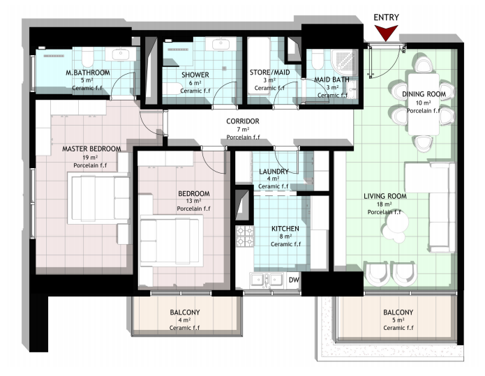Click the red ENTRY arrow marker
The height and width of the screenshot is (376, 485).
point(386,33)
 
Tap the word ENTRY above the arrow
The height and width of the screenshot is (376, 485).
point(386,17)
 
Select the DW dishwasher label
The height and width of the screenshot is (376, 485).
point(294,280)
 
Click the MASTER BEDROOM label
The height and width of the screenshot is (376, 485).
point(91,149)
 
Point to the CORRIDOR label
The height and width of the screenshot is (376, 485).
point(243,121)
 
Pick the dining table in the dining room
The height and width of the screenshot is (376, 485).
point(424,104)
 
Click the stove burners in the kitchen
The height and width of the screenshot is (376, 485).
point(245,236)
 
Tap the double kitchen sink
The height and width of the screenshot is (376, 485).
point(267,280)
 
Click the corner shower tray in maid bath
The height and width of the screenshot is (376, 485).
point(344,62)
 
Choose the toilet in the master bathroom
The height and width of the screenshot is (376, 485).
point(87,57)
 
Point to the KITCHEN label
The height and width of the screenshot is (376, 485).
point(285,229)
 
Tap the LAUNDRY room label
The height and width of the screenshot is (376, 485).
point(274,172)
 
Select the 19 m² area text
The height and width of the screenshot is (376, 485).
point(92,157)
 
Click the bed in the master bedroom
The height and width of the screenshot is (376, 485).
point(98,199)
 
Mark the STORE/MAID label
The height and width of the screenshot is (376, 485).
point(270,73)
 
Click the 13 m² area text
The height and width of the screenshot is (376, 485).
point(193,201)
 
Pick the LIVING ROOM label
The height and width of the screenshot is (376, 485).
point(385,196)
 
